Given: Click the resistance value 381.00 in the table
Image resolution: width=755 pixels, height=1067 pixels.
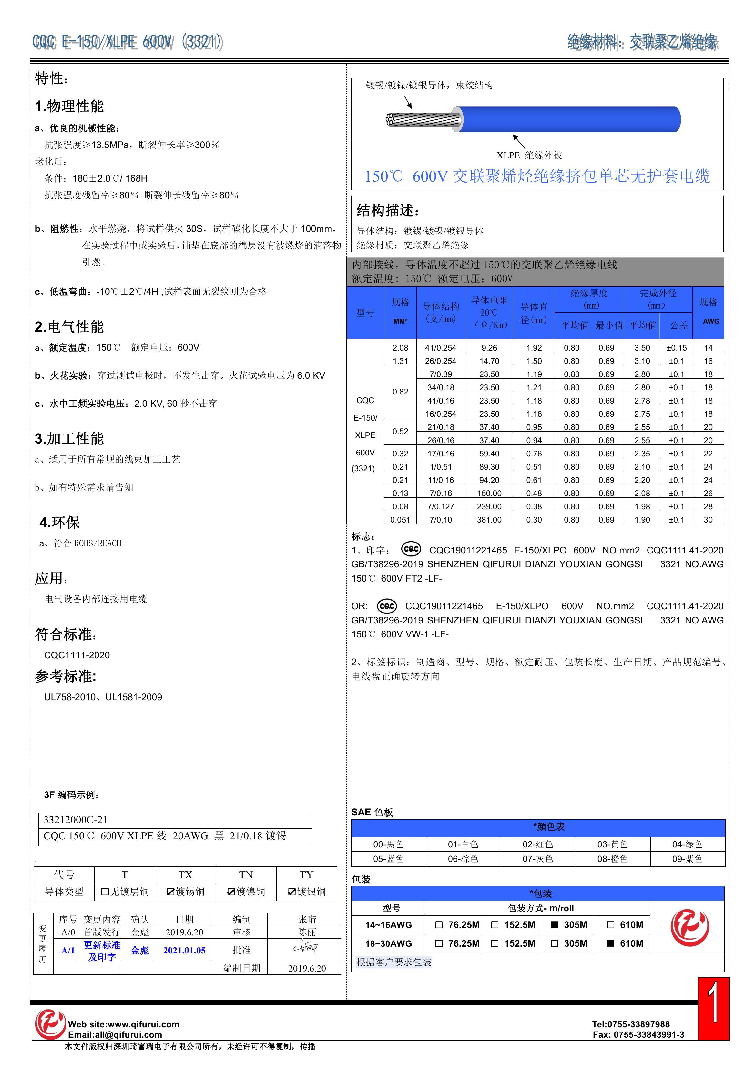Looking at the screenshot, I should click(x=489, y=520).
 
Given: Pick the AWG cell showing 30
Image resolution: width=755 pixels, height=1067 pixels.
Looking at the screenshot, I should click(x=708, y=520).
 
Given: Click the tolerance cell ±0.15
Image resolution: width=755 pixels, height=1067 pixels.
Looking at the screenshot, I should click(x=676, y=348).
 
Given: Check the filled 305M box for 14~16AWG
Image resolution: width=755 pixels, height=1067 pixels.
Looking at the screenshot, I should click(x=555, y=925).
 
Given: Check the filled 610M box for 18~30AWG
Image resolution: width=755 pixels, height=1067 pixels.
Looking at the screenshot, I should click(x=611, y=943).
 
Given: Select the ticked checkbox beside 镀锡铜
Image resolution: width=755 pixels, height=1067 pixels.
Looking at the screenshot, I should click(x=171, y=892).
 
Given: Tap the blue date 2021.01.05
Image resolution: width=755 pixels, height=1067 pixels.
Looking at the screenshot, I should click(x=184, y=950).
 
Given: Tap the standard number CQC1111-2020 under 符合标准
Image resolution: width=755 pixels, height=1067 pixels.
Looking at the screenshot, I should click(x=77, y=655).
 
